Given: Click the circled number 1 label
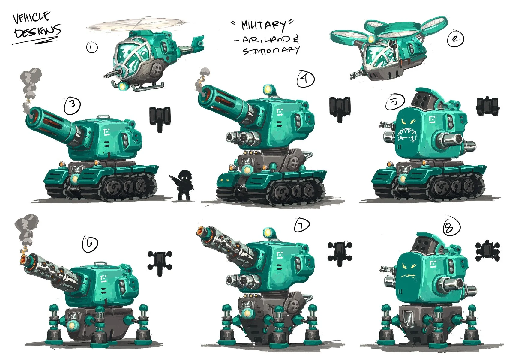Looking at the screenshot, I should [92, 47].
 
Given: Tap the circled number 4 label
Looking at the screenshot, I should [305, 79].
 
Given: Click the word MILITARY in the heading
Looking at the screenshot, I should [263, 26].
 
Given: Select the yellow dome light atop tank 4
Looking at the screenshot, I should [268, 89].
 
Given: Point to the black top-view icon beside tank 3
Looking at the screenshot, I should [160, 118].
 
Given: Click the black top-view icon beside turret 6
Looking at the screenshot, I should [160, 262].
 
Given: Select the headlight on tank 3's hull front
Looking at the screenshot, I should [74, 179].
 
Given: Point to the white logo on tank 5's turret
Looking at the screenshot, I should [432, 119].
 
